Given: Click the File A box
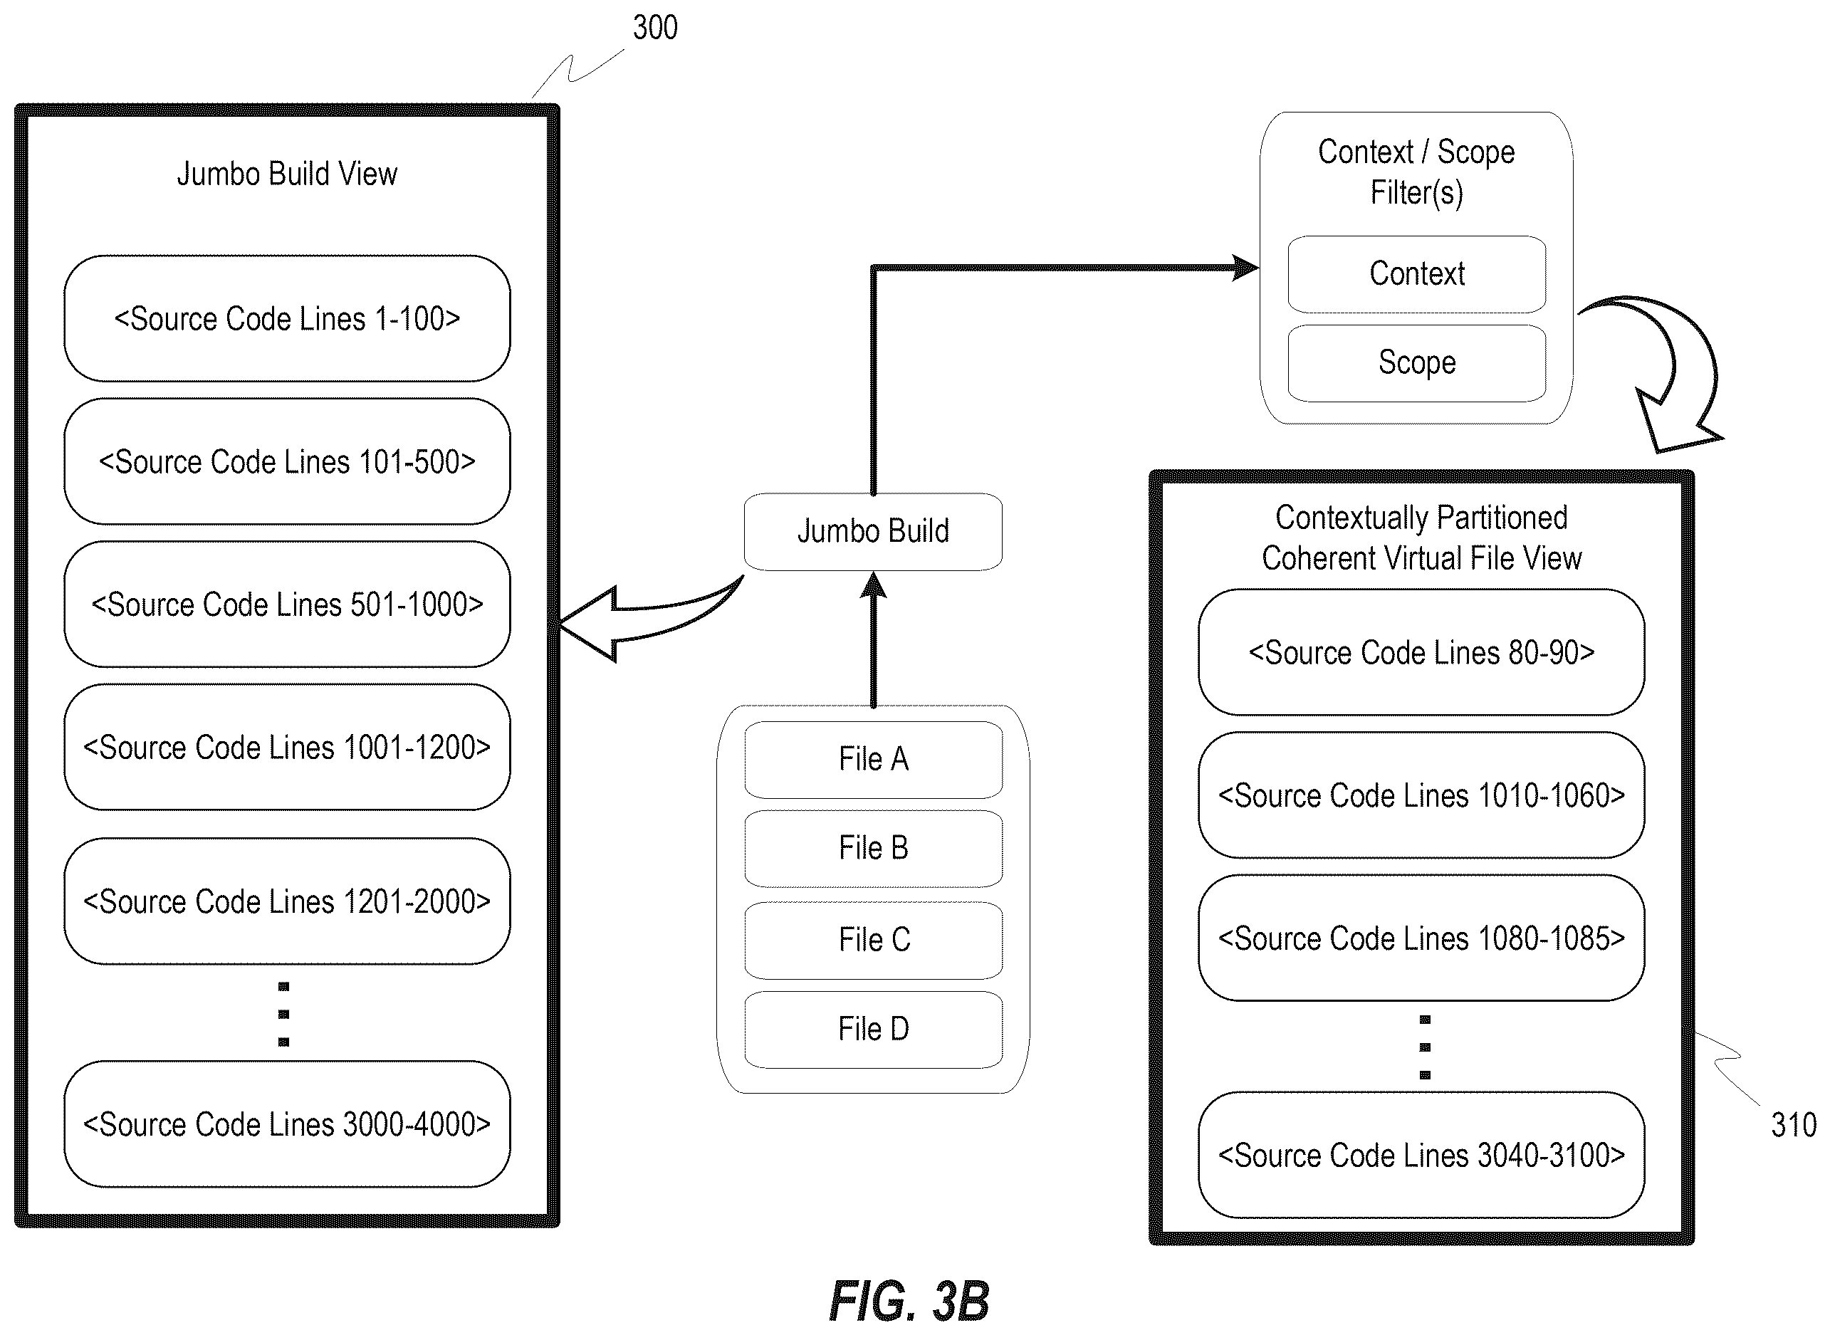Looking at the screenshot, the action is click(x=874, y=760).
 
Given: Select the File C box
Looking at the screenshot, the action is click(x=874, y=940).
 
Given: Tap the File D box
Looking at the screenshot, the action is click(x=874, y=1030).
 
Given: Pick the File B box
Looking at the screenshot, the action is click(x=874, y=849).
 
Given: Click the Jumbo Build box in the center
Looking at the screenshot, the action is click(x=874, y=532).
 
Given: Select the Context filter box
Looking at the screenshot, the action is click(x=1417, y=274).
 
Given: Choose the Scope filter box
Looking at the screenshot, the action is click(x=1417, y=363).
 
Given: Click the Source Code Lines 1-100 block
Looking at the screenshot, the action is click(x=287, y=318).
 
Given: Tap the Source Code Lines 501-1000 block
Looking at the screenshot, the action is click(x=287, y=604).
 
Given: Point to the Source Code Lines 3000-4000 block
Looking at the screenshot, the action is click(x=287, y=1124).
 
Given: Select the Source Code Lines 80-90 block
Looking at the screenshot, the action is click(x=1421, y=652).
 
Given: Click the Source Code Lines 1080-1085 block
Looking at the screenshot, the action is click(x=1421, y=938).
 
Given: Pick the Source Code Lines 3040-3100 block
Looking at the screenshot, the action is click(x=1421, y=1155).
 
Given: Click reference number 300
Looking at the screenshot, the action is click(x=655, y=28).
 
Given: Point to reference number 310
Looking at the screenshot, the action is click(x=1794, y=1125).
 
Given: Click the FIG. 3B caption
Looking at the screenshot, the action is click(x=909, y=1301).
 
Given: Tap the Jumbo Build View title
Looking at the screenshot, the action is click(x=287, y=174).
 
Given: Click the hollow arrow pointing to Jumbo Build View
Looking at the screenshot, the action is click(x=638, y=622).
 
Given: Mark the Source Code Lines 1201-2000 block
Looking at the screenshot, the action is click(x=287, y=901).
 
